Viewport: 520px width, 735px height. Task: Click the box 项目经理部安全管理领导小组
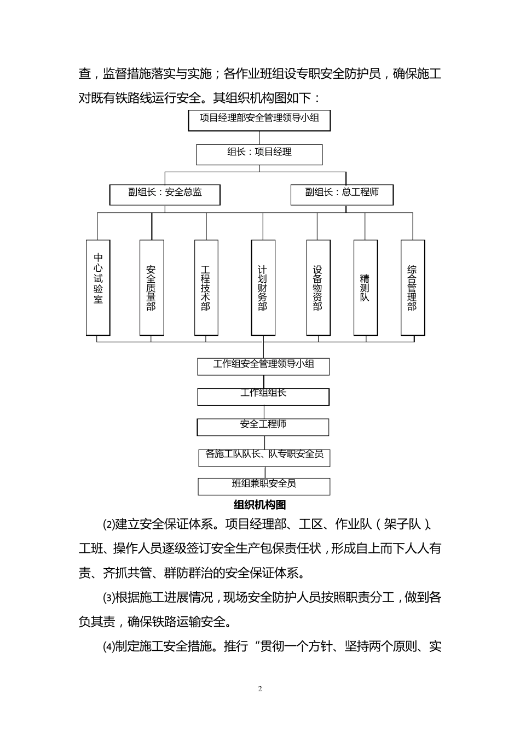pos(259,120)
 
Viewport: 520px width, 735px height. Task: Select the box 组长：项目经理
pos(259,154)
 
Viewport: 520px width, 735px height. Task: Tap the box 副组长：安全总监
pos(165,194)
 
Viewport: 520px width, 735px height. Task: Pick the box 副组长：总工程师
pos(342,194)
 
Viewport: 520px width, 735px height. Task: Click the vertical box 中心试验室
pos(99,287)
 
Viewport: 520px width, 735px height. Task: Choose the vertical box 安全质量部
pos(152,287)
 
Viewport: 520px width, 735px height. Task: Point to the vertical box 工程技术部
pos(206,287)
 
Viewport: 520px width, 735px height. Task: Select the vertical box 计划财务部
pos(263,287)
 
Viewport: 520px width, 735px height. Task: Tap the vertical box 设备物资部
pos(318,287)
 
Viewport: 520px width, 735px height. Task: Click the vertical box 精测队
pos(365,287)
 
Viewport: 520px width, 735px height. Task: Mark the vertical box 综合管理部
pos(413,287)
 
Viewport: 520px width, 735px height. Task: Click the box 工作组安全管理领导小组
pos(263,366)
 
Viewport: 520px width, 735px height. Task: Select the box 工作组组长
pos(263,396)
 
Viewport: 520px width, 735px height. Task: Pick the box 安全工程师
pos(263,427)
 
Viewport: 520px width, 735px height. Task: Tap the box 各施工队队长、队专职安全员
pos(264,457)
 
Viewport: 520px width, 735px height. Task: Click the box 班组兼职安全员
pos(264,486)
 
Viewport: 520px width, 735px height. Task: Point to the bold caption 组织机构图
pos(260,504)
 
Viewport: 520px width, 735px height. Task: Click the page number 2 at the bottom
pos(260,689)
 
